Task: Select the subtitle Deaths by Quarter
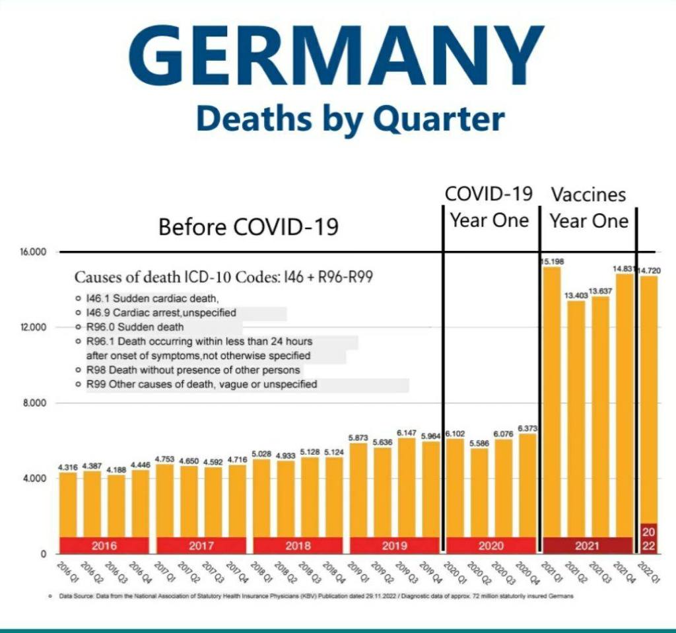point(350,120)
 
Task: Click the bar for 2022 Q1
point(648,396)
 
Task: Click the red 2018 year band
point(298,546)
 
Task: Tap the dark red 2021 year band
point(588,546)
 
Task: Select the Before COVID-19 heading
point(248,227)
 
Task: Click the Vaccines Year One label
point(588,207)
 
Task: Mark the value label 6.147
point(406,432)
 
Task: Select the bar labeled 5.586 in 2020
point(480,495)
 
